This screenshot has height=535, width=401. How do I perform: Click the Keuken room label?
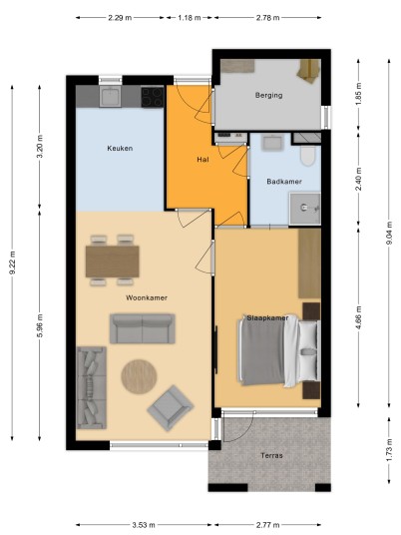(120, 148)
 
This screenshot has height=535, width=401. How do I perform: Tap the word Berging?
(268, 95)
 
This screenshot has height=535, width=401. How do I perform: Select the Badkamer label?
(284, 182)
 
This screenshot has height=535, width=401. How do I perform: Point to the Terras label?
(271, 455)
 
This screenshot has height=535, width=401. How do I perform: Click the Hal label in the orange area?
(202, 160)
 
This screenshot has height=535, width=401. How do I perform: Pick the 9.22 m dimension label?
(12, 263)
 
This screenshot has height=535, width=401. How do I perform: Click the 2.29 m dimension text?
(120, 18)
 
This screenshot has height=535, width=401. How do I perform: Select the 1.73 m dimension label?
(389, 451)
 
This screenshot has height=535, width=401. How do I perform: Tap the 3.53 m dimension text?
(144, 525)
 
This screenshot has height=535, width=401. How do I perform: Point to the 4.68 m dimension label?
(358, 318)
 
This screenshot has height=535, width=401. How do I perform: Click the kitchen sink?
(110, 96)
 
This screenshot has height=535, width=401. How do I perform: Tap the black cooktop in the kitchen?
(153, 97)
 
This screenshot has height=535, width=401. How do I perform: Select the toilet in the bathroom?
(307, 156)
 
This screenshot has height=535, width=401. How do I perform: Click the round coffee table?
(139, 376)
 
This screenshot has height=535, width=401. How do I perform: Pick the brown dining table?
(112, 262)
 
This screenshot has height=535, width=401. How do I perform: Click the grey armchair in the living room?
(171, 407)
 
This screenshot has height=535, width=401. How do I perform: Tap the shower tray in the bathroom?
(305, 209)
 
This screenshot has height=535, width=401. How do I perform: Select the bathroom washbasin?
(271, 143)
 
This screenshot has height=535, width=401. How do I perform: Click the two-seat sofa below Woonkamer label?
(143, 328)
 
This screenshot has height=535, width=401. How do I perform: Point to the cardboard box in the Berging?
(308, 71)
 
